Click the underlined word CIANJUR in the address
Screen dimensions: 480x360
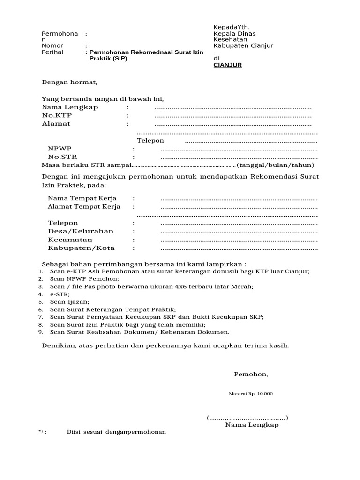click(x=227, y=65)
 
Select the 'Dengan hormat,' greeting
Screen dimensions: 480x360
click(x=69, y=82)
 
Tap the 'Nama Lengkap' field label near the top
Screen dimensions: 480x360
click(x=70, y=107)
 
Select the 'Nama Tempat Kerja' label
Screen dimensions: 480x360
click(x=82, y=198)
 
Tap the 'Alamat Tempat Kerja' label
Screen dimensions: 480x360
click(x=84, y=206)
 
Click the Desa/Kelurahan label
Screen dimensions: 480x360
click(x=81, y=231)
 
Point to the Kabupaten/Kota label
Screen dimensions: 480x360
click(x=81, y=248)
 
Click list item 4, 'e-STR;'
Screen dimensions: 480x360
click(x=60, y=294)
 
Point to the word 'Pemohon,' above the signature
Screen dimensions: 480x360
click(x=251, y=374)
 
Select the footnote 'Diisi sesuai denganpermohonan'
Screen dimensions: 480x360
click(x=116, y=431)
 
